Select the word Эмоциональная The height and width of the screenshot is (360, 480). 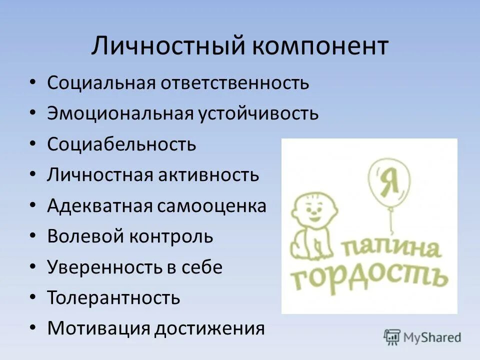pyautogui.click(x=120, y=113)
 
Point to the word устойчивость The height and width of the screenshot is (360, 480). pyautogui.click(x=258, y=113)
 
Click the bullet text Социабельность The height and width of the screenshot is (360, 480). pyautogui.click(x=121, y=144)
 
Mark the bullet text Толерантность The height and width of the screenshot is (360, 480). pyautogui.click(x=113, y=298)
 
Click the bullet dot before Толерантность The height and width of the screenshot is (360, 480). pyautogui.click(x=32, y=298)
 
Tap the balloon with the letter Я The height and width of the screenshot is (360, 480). pyautogui.click(x=388, y=179)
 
